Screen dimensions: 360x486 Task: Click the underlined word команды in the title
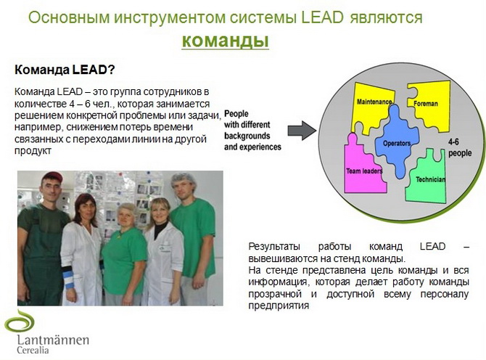pyautogui.click(x=225, y=41)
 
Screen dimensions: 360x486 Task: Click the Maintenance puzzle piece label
pyautogui.click(x=374, y=102)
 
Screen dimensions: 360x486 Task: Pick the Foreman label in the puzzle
pyautogui.click(x=426, y=104)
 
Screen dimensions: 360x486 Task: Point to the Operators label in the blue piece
pyautogui.click(x=398, y=144)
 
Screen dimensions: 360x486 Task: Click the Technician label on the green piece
pyautogui.click(x=430, y=179)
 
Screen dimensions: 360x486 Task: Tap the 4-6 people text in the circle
pyautogui.click(x=459, y=148)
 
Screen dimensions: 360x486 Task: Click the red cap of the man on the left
pyautogui.click(x=52, y=177)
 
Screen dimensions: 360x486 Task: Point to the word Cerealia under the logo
pyautogui.click(x=34, y=351)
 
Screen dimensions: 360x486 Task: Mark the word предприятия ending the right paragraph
pyautogui.click(x=279, y=306)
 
